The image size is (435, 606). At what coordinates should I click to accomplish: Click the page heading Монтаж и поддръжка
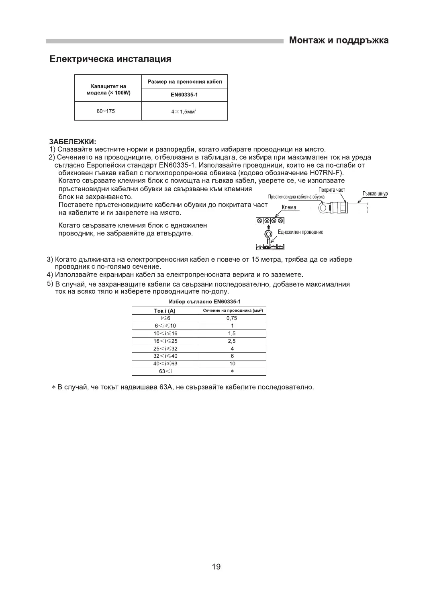point(339,41)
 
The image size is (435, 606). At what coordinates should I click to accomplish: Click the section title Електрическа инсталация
point(110,59)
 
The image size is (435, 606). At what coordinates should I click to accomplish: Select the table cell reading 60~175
point(106,111)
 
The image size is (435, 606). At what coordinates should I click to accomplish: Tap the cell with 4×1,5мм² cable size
point(184,111)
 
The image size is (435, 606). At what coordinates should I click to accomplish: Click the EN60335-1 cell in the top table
point(184,95)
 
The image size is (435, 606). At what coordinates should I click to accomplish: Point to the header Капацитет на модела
point(108,90)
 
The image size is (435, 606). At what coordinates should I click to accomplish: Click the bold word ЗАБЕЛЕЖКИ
point(72,142)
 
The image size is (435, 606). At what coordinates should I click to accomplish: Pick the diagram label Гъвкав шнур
point(375,194)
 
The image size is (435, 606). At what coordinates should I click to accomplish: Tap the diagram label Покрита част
point(331,190)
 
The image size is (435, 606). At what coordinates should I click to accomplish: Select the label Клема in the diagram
point(289,207)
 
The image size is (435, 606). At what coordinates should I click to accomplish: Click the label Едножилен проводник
point(300,232)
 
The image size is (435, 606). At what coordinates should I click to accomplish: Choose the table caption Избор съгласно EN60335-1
point(205,302)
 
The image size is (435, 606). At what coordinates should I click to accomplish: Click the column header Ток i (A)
point(165,311)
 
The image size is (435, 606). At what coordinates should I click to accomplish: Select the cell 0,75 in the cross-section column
point(232,318)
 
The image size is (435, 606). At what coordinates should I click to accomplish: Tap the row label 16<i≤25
point(165,341)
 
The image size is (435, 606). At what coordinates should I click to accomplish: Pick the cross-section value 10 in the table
point(232,364)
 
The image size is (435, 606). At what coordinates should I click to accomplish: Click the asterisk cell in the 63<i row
point(232,372)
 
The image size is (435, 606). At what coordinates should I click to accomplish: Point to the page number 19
point(216,567)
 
